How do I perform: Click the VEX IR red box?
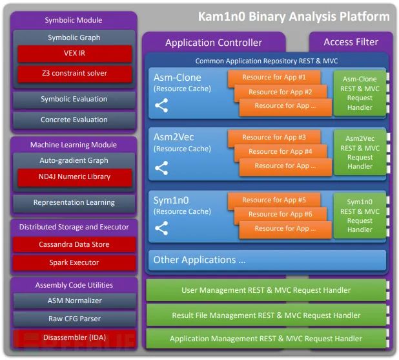[75, 54]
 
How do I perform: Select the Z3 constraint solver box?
[75, 74]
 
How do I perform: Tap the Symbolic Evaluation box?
[74, 100]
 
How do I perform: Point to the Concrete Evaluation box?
[74, 120]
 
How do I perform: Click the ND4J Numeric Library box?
[75, 177]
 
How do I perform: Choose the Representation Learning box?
[74, 203]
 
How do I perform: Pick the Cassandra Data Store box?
[74, 244]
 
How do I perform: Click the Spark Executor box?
[74, 262]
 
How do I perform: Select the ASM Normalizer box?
[74, 301]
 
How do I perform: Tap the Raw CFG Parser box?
[74, 319]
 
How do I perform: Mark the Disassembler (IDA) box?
[74, 338]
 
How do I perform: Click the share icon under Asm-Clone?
[161, 105]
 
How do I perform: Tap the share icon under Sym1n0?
[161, 228]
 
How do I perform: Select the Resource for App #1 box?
[274, 78]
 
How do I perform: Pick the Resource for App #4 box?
[280, 152]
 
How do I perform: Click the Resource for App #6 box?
[280, 215]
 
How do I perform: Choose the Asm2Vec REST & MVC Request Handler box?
[360, 153]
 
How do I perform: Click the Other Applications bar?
[267, 260]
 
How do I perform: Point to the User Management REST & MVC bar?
[266, 290]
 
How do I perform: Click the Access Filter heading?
[351, 42]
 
